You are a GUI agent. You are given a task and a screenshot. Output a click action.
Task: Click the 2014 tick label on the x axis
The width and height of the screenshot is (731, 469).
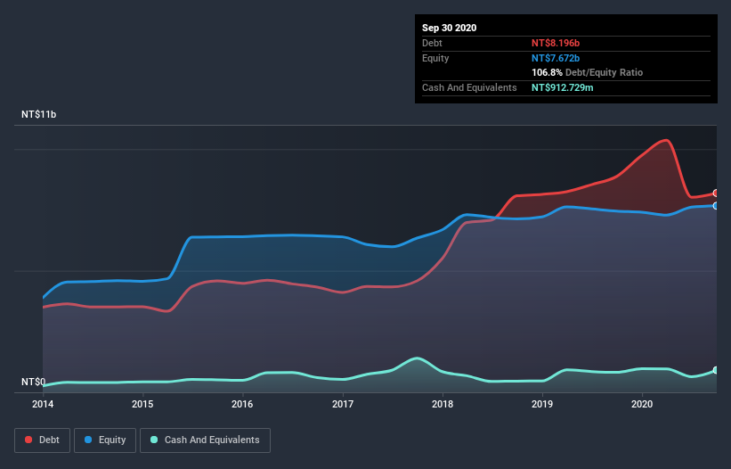43,404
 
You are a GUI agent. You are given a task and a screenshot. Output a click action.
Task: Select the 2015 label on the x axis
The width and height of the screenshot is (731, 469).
142,404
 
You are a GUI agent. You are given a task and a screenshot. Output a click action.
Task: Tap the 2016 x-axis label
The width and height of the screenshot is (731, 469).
242,404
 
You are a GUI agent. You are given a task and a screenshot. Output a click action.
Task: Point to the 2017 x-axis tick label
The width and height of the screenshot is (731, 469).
343,404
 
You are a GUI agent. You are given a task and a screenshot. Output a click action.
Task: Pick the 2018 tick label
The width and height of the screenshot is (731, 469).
443,404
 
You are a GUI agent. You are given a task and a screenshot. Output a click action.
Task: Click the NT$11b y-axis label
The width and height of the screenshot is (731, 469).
40,115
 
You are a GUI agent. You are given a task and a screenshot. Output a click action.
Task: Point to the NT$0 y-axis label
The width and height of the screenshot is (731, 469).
33,383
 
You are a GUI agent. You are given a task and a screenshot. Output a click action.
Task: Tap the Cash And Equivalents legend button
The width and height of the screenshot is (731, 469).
205,440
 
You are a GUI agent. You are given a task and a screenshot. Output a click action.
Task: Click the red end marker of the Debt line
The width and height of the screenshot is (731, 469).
715,193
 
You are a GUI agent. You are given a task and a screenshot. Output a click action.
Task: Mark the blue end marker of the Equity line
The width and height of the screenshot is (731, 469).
715,205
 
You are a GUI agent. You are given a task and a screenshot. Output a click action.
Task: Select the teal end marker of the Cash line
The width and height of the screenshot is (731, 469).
715,370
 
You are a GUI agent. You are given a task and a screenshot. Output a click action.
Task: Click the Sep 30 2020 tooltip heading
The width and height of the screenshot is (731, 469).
450,28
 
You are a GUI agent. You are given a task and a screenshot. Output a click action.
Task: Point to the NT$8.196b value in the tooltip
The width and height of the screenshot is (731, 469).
556,43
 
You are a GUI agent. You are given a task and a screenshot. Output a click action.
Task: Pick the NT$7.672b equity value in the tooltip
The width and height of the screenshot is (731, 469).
556,58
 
